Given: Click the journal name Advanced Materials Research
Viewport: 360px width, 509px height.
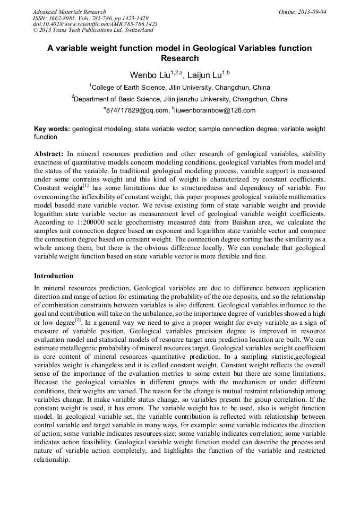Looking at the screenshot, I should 69,12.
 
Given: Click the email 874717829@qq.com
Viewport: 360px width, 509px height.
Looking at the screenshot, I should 136,111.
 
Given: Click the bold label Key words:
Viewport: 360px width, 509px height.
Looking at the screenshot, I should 52,129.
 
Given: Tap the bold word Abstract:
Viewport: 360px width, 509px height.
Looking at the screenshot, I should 49,153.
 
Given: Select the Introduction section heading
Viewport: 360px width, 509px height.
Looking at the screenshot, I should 54,276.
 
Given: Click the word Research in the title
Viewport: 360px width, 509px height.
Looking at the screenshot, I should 179,58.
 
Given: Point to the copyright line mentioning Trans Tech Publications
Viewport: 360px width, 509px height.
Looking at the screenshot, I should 93,30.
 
